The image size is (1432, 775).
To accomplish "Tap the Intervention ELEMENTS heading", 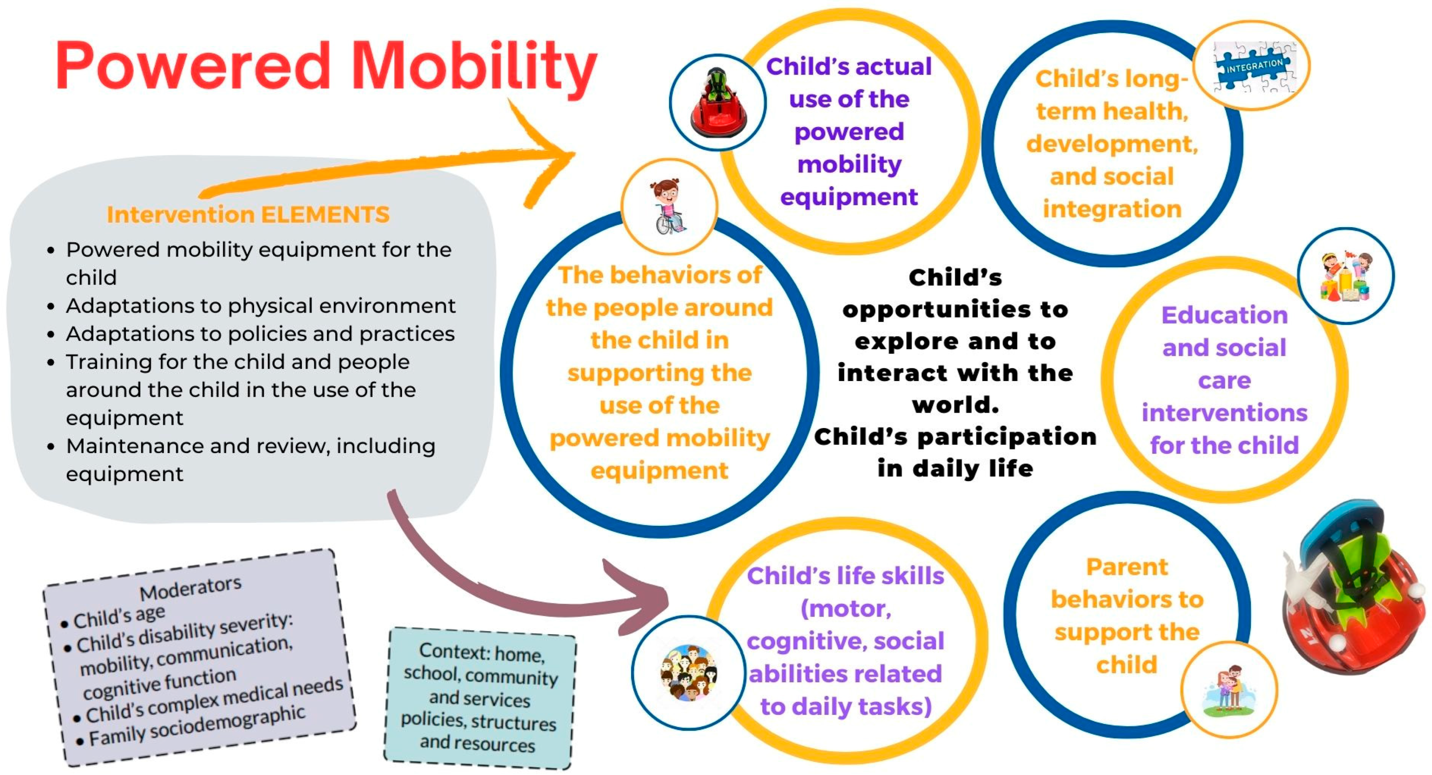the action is (x=248, y=215).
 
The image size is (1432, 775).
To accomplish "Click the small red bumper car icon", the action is (x=718, y=103).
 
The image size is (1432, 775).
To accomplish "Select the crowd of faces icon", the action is (x=688, y=672).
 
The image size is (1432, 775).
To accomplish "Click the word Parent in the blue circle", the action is (x=1127, y=567).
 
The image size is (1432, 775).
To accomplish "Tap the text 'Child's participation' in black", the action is (x=955, y=437).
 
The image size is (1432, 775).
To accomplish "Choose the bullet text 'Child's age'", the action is (x=119, y=617).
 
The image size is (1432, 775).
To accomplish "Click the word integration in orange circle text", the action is (x=1112, y=209).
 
